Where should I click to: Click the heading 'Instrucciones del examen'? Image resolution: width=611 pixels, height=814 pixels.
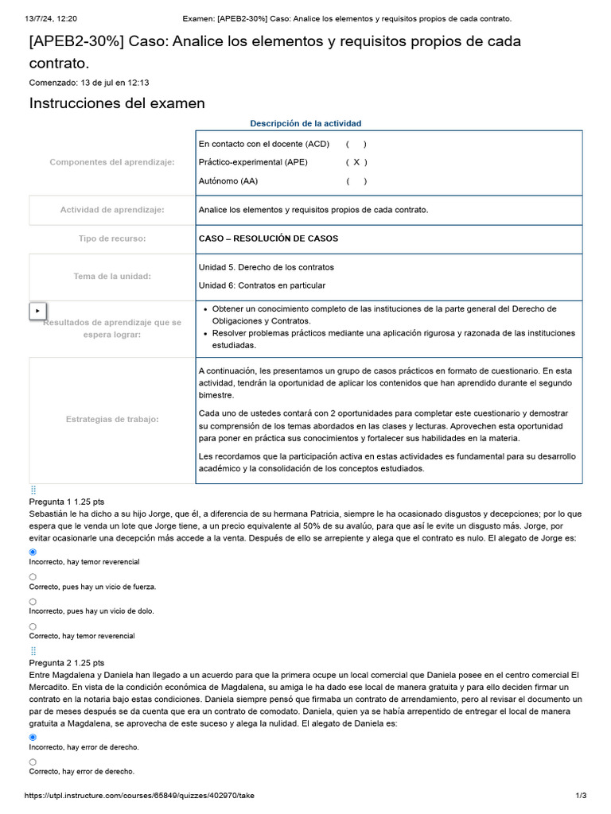pyautogui.click(x=117, y=103)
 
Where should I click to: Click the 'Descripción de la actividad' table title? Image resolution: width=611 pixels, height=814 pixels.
pyautogui.click(x=305, y=123)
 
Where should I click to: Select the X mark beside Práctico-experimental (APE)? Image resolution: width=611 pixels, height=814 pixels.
pyautogui.click(x=356, y=162)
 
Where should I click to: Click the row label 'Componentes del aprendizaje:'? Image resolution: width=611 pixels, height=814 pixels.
pyautogui.click(x=112, y=162)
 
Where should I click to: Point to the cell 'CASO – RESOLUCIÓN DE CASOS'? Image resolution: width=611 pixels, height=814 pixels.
pyautogui.click(x=268, y=238)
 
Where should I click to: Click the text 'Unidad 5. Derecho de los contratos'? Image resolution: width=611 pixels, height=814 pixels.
pyautogui.click(x=267, y=267)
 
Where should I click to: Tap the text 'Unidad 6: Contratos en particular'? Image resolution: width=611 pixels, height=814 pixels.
pyautogui.click(x=262, y=285)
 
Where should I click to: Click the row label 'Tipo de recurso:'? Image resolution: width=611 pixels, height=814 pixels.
pyautogui.click(x=112, y=238)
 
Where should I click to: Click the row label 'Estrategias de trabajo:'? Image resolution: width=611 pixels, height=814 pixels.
pyautogui.click(x=112, y=419)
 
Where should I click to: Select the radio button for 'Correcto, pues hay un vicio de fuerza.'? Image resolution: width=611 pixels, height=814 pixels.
pyautogui.click(x=33, y=576)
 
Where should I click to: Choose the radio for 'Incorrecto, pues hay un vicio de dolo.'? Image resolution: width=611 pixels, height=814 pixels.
pyautogui.click(x=33, y=602)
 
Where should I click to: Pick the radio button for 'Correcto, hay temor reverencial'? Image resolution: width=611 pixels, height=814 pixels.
pyautogui.click(x=33, y=626)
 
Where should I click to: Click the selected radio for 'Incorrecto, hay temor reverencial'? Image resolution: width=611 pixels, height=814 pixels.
pyautogui.click(x=33, y=552)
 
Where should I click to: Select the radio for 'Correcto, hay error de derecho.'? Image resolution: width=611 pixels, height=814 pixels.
pyautogui.click(x=33, y=762)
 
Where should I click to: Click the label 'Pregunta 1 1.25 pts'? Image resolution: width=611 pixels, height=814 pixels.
pyautogui.click(x=67, y=502)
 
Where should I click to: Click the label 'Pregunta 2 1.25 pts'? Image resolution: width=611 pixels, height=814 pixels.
pyautogui.click(x=67, y=662)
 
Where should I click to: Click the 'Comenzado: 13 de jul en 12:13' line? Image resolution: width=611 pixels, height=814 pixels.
pyautogui.click(x=89, y=82)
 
